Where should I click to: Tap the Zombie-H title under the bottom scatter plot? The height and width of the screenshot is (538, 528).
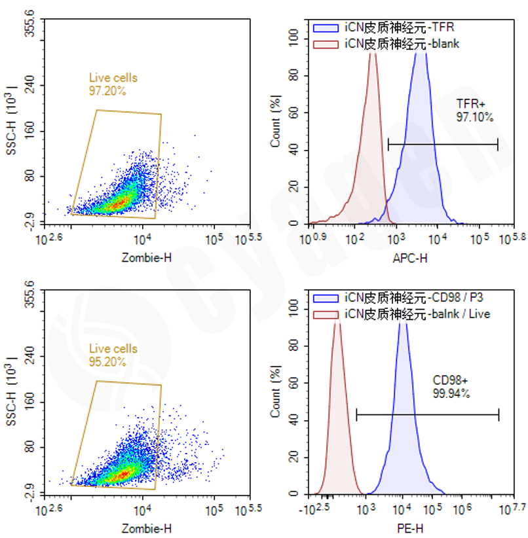[x=147, y=528]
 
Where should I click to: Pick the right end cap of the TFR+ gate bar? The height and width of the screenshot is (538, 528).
[x=498, y=144]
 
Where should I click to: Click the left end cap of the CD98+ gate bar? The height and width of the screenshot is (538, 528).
[x=356, y=414]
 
